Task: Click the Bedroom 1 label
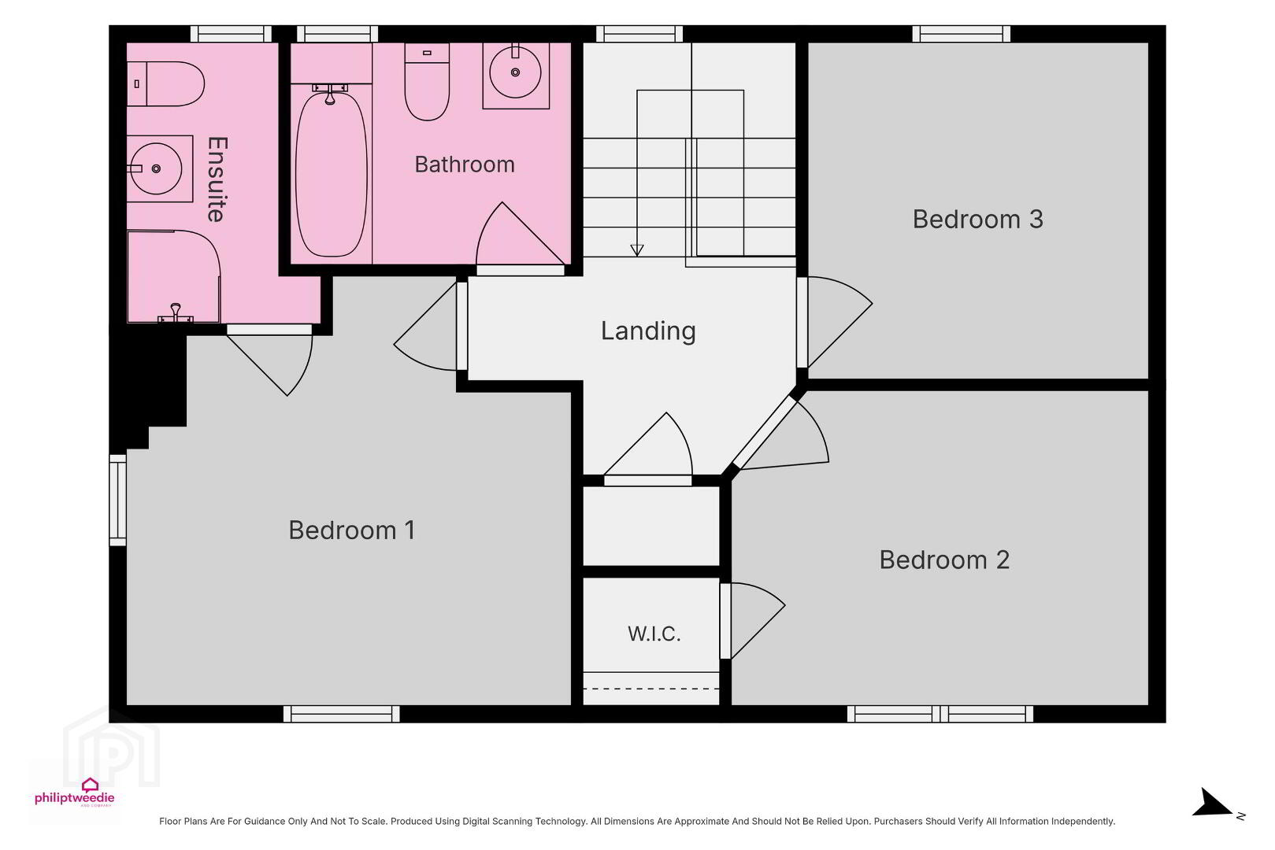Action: coord(352,530)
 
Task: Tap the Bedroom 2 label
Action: coord(944,560)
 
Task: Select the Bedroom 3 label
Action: coord(978,219)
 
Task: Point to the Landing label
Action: coord(648,331)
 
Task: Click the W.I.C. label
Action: coord(654,634)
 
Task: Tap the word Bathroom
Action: coord(465,164)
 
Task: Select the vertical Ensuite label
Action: coord(217,179)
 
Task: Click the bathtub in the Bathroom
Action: coord(331,172)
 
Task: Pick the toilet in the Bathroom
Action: coord(427,81)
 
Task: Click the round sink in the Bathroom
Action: coord(516,73)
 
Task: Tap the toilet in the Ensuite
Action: coord(165,83)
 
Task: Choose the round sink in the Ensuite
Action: coord(157,169)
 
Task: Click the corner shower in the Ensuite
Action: coord(173,276)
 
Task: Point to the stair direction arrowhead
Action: coord(637,249)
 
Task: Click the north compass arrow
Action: coord(1213,804)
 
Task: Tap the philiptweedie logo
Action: coord(75,792)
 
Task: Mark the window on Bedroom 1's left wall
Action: coord(118,500)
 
